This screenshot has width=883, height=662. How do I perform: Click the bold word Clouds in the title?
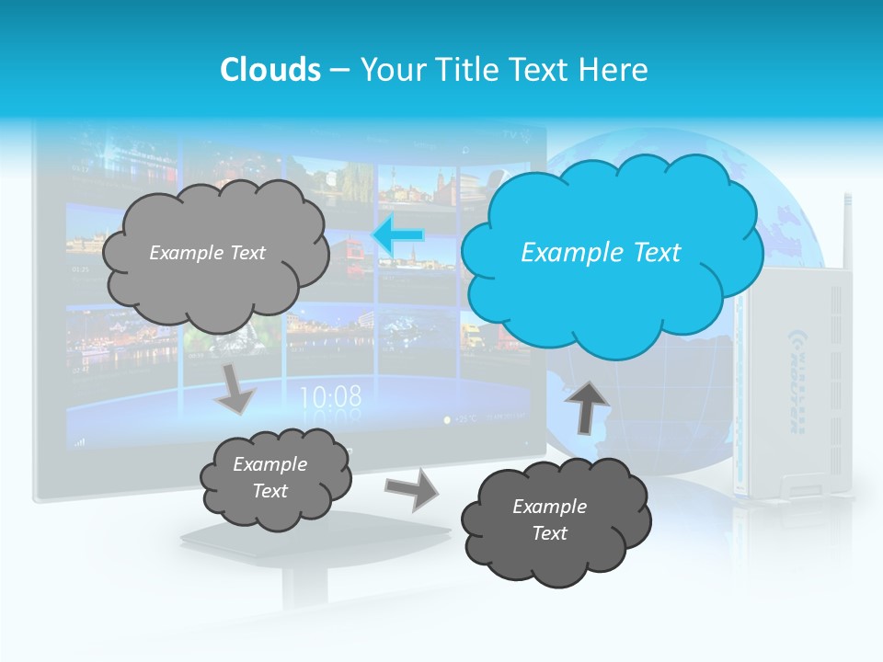[269, 70]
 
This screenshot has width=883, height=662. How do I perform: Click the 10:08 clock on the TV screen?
[330, 397]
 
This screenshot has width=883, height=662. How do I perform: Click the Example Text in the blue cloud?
[601, 253]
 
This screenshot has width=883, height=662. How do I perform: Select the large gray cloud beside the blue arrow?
[215, 253]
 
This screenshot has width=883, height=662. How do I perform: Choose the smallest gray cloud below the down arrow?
[275, 477]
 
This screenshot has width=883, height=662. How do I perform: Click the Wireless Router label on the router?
[796, 378]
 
